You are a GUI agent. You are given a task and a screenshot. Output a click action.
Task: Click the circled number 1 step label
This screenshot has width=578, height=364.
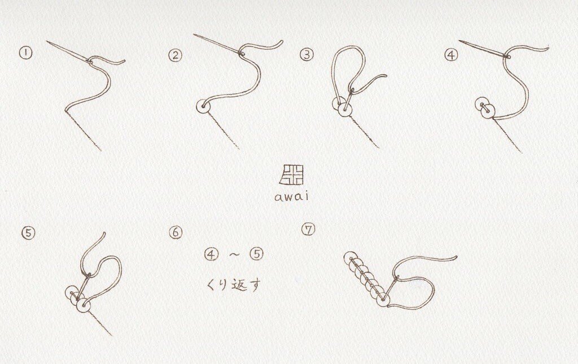point(25,52)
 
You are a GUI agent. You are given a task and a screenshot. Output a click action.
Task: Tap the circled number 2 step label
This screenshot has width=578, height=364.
point(175,55)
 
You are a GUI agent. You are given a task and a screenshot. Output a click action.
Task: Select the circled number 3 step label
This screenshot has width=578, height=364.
point(306,55)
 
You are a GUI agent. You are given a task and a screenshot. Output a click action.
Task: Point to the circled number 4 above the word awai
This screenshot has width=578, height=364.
point(451,55)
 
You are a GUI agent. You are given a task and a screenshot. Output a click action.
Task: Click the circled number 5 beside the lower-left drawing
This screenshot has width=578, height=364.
point(28,233)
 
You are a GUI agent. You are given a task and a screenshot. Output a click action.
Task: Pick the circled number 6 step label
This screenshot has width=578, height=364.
point(176,232)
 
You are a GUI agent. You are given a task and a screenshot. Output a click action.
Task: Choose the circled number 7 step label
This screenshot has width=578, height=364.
point(308,230)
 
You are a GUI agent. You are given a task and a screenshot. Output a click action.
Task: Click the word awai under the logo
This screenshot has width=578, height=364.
point(291,196)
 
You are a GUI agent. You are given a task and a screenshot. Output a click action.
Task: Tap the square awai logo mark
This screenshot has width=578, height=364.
point(291,174)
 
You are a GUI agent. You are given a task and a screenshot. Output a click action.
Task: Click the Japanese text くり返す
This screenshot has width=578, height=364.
point(233,284)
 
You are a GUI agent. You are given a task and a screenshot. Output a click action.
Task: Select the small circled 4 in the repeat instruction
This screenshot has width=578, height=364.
point(211,254)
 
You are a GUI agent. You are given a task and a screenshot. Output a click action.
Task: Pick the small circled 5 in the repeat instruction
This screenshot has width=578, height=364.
point(257,253)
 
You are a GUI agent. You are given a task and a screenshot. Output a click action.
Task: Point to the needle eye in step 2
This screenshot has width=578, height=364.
point(241,54)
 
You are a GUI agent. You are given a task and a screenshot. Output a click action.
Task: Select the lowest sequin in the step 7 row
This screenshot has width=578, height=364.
point(383,299)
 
